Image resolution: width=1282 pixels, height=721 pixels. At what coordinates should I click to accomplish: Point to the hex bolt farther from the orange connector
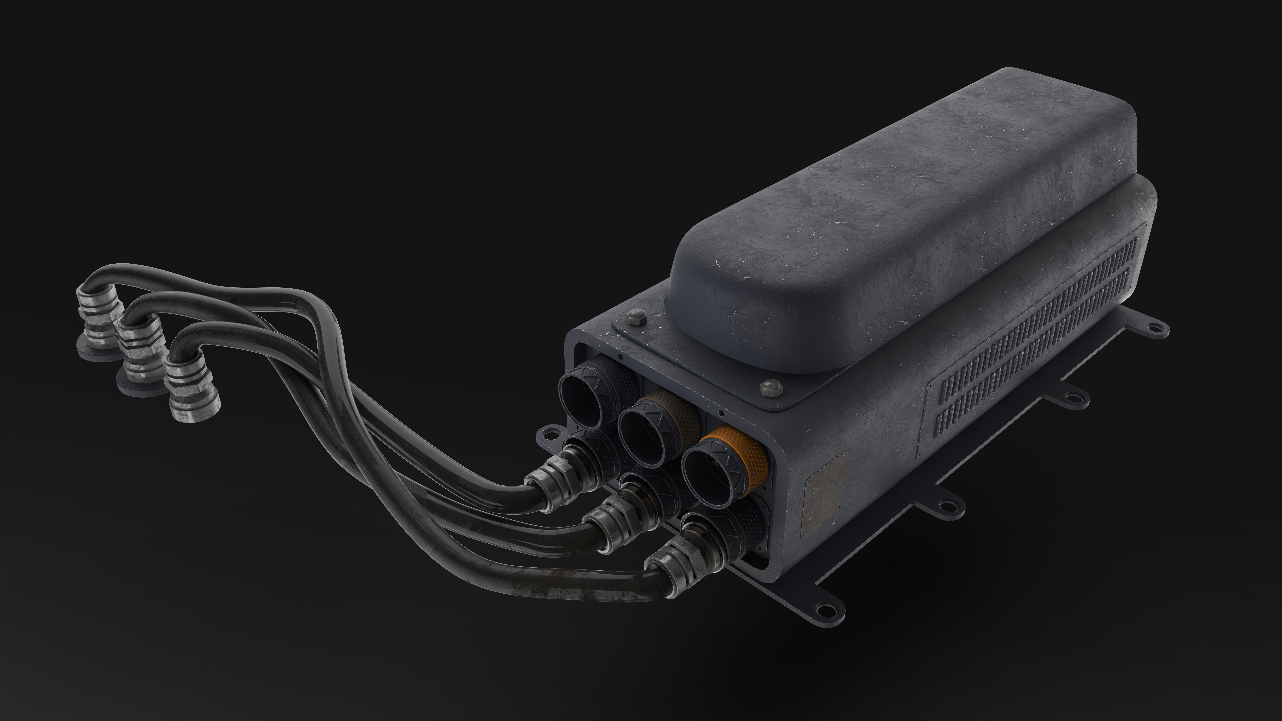(637, 317)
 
